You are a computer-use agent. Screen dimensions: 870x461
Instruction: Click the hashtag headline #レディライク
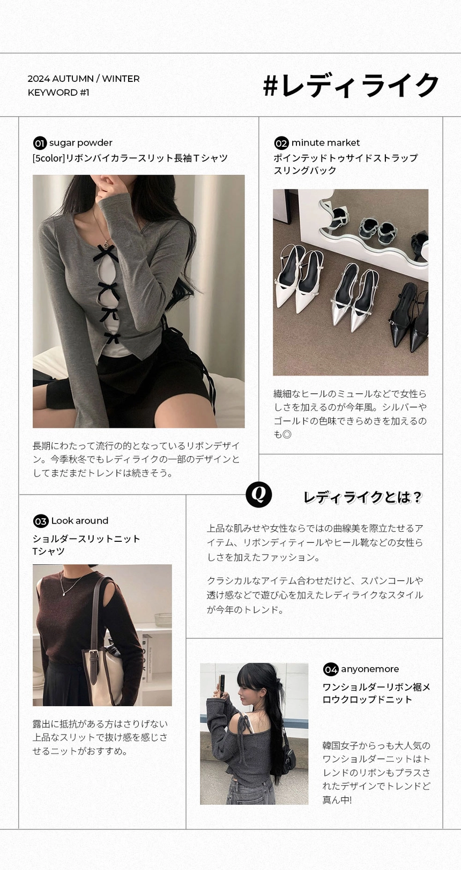point(351,86)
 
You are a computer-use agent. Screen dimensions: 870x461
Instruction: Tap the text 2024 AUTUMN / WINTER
point(84,79)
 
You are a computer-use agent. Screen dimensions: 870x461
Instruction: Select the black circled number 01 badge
point(40,143)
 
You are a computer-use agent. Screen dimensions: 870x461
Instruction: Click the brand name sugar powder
point(81,143)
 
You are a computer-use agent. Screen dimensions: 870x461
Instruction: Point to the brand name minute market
point(325,143)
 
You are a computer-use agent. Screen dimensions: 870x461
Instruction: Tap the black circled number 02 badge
point(281,143)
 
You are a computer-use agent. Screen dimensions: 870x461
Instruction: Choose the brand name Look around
point(80,521)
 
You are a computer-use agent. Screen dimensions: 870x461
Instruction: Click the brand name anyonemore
point(370,669)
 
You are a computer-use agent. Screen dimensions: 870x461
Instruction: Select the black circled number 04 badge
point(331,670)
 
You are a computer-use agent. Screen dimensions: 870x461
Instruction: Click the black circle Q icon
point(258,494)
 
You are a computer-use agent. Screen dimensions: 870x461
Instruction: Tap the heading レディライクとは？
point(362,497)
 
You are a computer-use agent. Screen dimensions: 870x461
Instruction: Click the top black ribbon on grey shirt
point(106,253)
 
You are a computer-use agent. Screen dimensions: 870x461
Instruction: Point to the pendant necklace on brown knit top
point(64,593)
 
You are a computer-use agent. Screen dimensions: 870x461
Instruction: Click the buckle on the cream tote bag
point(95,654)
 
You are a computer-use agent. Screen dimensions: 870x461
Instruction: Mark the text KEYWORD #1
point(58,93)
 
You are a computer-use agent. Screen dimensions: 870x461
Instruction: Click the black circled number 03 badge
point(41,521)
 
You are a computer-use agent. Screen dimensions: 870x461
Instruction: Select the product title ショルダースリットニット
point(86,539)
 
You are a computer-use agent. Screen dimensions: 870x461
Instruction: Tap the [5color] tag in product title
point(48,158)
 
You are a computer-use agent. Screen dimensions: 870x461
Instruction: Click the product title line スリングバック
point(305,171)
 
